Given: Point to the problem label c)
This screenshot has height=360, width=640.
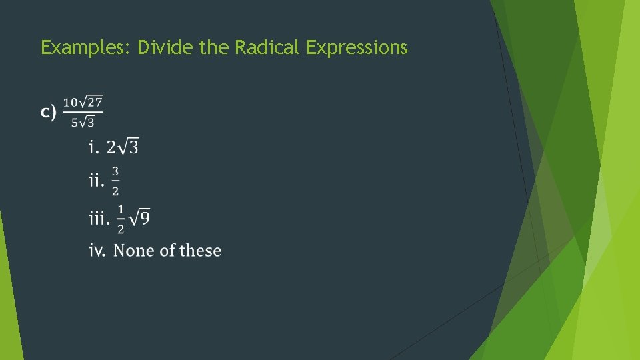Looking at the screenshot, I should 48,113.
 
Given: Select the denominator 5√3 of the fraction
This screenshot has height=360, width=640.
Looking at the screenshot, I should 83,122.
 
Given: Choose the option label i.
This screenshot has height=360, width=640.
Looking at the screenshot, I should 93,146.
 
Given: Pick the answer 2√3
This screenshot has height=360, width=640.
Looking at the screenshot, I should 123,146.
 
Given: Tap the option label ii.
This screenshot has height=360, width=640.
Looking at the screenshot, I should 97,181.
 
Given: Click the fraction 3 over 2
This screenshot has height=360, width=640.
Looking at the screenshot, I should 115,181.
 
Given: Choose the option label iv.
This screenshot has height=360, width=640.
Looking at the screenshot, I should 97,251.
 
